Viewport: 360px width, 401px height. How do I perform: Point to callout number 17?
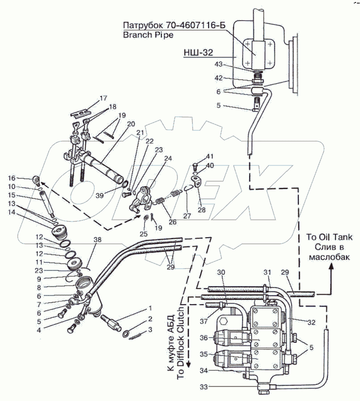pyautogui.click(x=103, y=98)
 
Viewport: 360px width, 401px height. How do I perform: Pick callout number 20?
pyautogui.click(x=131, y=124)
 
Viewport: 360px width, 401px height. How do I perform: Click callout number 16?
pyautogui.click(x=11, y=178)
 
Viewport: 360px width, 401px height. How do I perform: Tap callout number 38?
pyautogui.click(x=97, y=240)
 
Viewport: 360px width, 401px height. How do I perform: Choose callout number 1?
pyautogui.click(x=149, y=308)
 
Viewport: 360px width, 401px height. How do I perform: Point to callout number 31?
pyautogui.click(x=268, y=272)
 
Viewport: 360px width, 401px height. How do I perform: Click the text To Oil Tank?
pyautogui.click(x=329, y=238)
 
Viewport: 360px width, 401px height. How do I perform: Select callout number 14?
pyautogui.click(x=11, y=213)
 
